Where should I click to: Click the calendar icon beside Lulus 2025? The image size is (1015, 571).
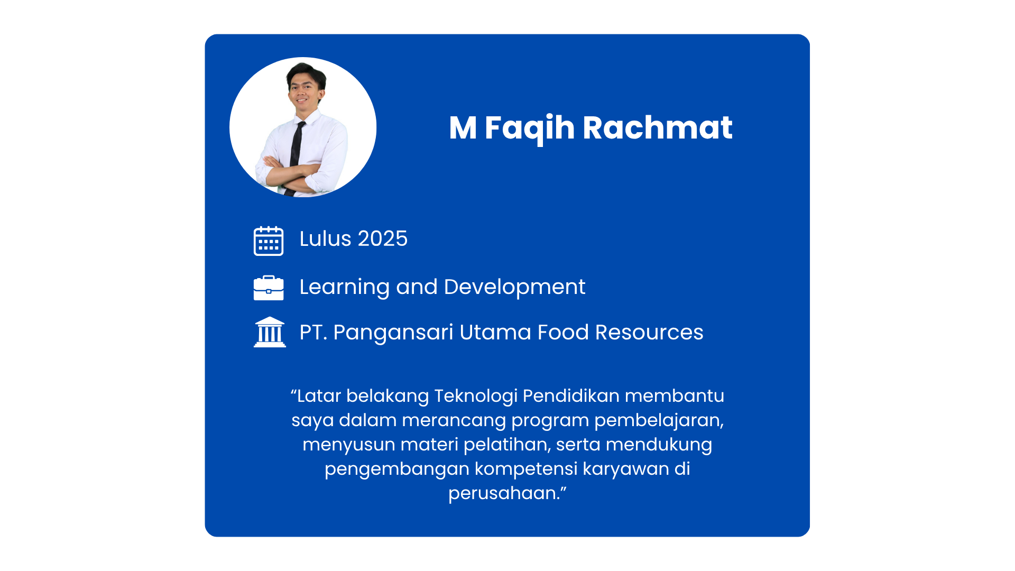[x=269, y=241]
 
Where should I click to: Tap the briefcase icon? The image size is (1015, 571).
[x=269, y=288]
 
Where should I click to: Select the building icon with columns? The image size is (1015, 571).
[x=270, y=332]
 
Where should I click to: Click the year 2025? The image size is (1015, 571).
[x=383, y=239]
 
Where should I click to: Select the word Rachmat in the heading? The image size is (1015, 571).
[x=658, y=127]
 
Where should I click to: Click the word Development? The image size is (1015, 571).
[x=514, y=287]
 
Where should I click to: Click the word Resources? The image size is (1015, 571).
[x=649, y=333]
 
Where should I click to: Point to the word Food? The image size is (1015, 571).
[x=563, y=333]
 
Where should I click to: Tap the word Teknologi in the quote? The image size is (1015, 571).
[x=475, y=397]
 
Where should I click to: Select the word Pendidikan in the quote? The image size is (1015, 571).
[x=571, y=395]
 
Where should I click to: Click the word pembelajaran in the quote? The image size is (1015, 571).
[x=659, y=421]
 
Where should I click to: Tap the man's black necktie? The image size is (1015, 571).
[x=296, y=151]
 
